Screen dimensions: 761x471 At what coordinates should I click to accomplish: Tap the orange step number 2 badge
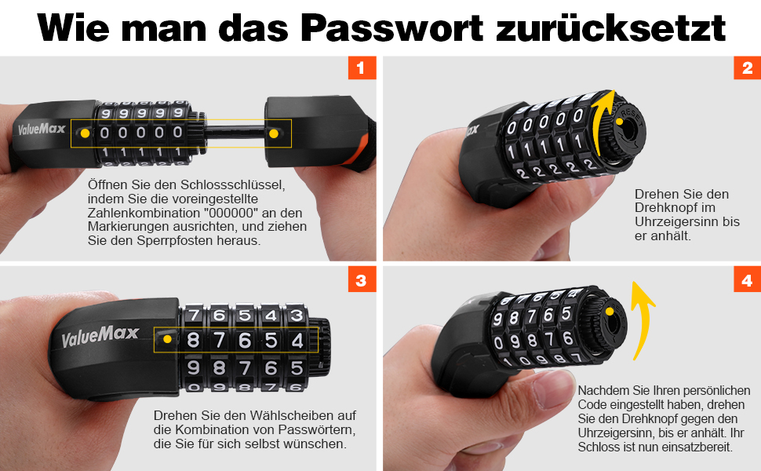pyautogui.click(x=747, y=68)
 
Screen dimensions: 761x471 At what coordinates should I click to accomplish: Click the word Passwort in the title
pyautogui.click(x=392, y=28)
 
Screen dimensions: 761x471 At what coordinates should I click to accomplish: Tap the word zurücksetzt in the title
pyautogui.click(x=611, y=28)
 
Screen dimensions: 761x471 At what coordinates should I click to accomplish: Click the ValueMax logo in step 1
pyautogui.click(x=42, y=130)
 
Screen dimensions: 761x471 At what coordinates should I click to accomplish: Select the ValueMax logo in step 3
pyautogui.click(x=100, y=335)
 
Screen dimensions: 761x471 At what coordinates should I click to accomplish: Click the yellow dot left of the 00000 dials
pyautogui.click(x=86, y=133)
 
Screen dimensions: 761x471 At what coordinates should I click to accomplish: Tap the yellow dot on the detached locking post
pyautogui.click(x=274, y=133)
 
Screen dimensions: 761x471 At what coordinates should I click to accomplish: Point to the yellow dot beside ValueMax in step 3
pyautogui.click(x=167, y=339)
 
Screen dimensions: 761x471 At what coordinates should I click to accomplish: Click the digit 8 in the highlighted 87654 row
pyautogui.click(x=193, y=340)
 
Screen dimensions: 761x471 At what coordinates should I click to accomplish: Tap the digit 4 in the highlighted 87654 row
pyautogui.click(x=297, y=340)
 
